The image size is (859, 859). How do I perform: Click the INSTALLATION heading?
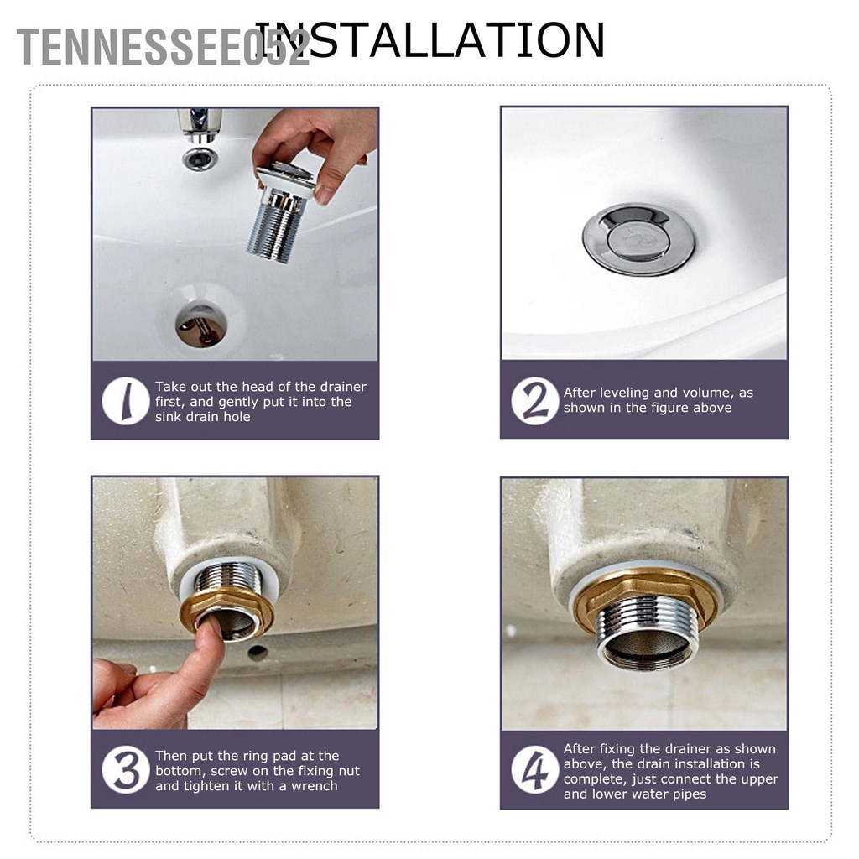[429, 39]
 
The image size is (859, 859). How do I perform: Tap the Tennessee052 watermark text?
[164, 47]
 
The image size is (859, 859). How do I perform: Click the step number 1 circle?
[126, 401]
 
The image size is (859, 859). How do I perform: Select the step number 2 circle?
[534, 400]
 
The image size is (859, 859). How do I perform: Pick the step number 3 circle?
[126, 770]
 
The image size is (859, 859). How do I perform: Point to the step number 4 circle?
[534, 770]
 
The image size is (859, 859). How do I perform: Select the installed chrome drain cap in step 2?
[638, 238]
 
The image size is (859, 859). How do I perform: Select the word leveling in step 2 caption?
[623, 393]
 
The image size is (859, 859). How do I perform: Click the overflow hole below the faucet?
[200, 158]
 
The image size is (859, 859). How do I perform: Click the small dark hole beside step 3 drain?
[258, 652]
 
